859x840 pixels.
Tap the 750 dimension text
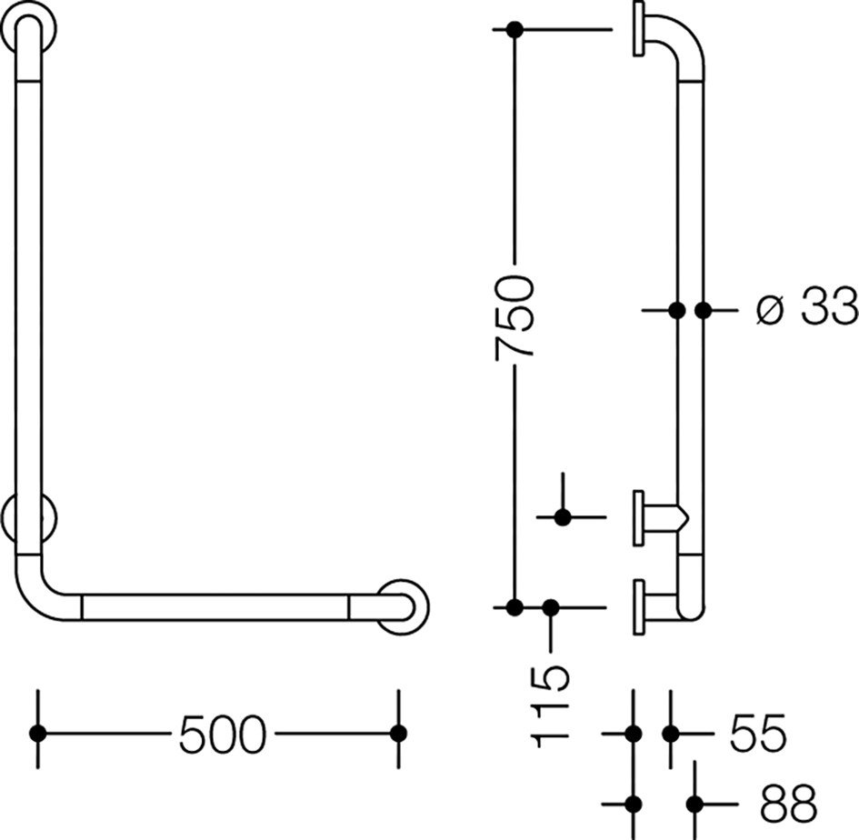514,318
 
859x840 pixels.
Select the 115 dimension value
551,707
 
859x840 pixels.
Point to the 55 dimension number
758,733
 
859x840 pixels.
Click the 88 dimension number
788,804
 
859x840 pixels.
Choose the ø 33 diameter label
806,307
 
